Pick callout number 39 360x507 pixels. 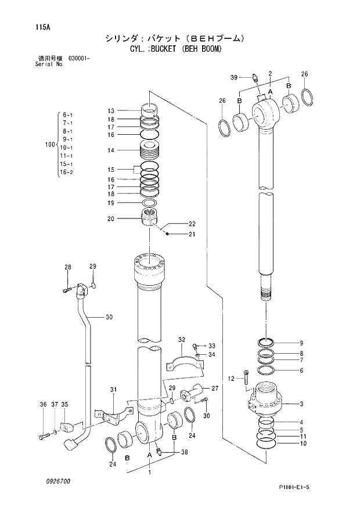pos(234,77)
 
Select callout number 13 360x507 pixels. pos(111,110)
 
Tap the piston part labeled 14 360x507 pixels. pos(150,152)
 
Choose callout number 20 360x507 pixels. pos(111,219)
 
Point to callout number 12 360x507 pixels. pos(231,379)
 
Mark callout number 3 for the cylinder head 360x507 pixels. pos(301,404)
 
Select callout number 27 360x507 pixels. pos(214,389)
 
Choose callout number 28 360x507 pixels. pos(68,267)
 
